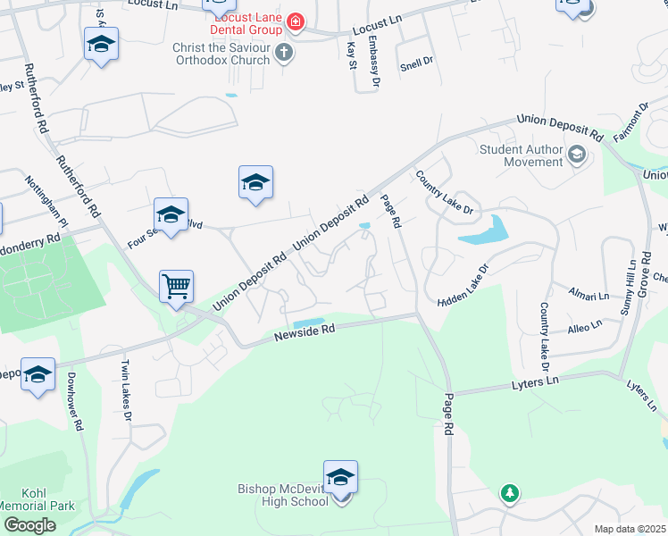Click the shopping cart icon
[x=176, y=287]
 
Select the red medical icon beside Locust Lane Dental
[x=294, y=21]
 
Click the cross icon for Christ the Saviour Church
[x=284, y=54]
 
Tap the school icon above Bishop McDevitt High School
[x=340, y=477]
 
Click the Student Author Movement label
[x=521, y=155]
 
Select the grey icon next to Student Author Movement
[x=576, y=155]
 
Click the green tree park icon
[x=509, y=492]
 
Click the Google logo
[x=29, y=525]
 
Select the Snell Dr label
[x=416, y=62]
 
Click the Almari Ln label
[x=590, y=294]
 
